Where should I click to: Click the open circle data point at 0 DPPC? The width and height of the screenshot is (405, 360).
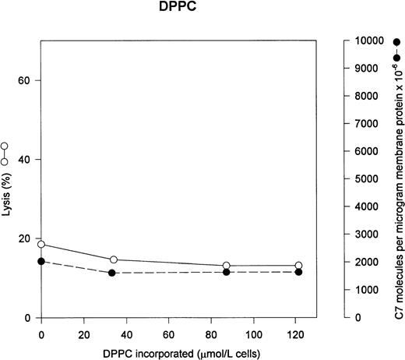tap(41, 245)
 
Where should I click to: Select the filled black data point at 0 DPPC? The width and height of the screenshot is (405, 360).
tap(41, 262)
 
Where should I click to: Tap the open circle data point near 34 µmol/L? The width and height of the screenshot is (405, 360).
tap(114, 259)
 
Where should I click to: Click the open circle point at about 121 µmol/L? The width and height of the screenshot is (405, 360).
tap(298, 266)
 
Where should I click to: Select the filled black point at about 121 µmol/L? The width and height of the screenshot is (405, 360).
tap(298, 272)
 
